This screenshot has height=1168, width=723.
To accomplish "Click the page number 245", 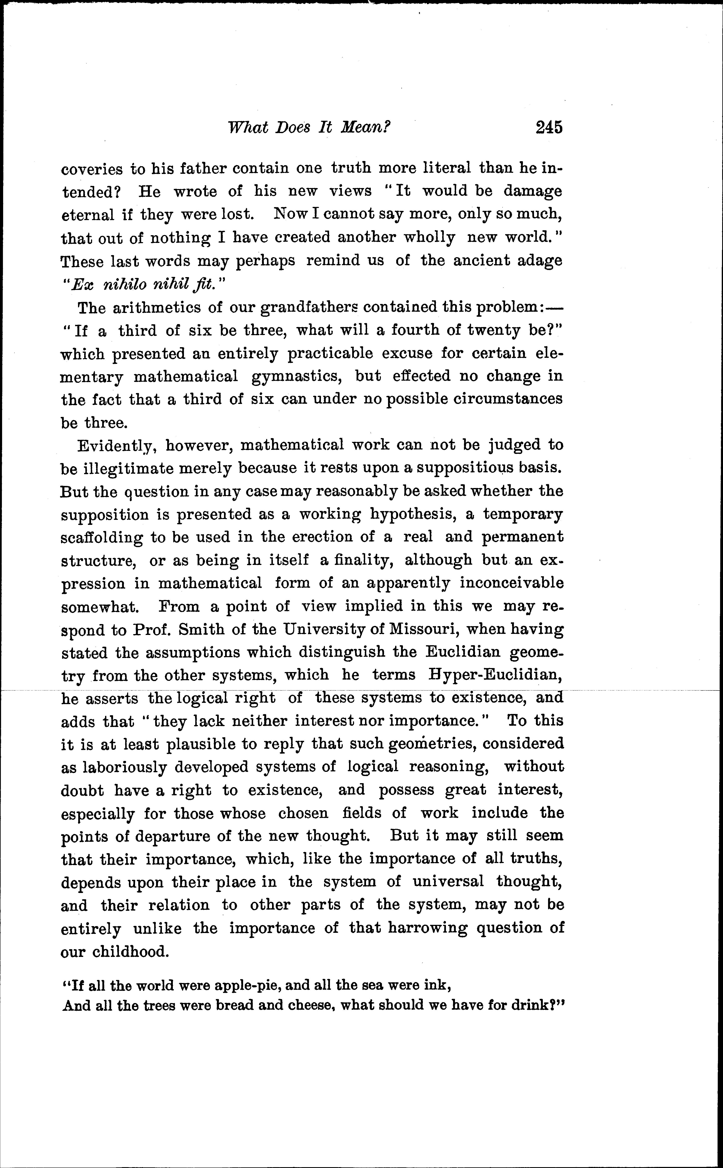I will (549, 128).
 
